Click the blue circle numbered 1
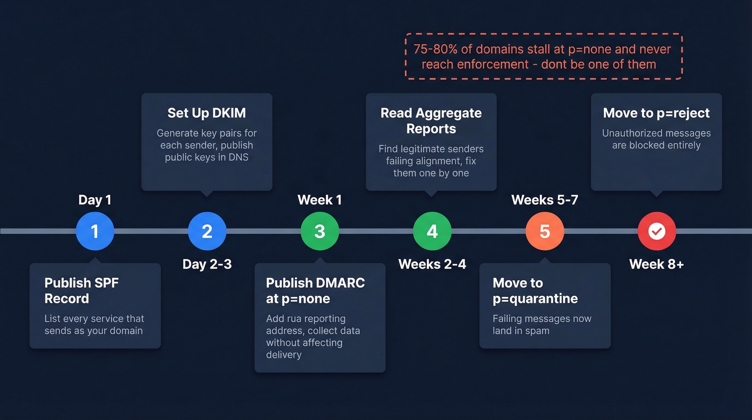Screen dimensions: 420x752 tap(95, 231)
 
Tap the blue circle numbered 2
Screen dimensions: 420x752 tap(207, 231)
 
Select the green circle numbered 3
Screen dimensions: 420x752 tap(320, 231)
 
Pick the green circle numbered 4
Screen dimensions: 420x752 tap(432, 231)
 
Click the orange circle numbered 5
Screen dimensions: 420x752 tap(545, 231)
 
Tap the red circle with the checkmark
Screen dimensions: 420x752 tap(656, 231)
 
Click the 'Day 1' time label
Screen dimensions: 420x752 tap(95, 200)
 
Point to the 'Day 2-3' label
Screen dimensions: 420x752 tap(207, 264)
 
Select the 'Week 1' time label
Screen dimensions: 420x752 tap(320, 200)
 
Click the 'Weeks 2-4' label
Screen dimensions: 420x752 tap(432, 264)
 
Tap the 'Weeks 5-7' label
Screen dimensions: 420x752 tap(545, 200)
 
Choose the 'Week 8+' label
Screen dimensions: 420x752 tap(656, 264)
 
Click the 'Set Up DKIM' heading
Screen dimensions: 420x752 tap(206, 113)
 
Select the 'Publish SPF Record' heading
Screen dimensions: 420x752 tap(82, 290)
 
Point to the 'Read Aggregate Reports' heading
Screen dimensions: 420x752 tap(431, 121)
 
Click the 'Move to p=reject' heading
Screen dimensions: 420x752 tap(656, 113)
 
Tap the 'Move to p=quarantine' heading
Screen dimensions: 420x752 tap(535, 290)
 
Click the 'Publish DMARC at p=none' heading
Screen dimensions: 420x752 tap(315, 290)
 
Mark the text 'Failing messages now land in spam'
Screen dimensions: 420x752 tap(541, 324)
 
